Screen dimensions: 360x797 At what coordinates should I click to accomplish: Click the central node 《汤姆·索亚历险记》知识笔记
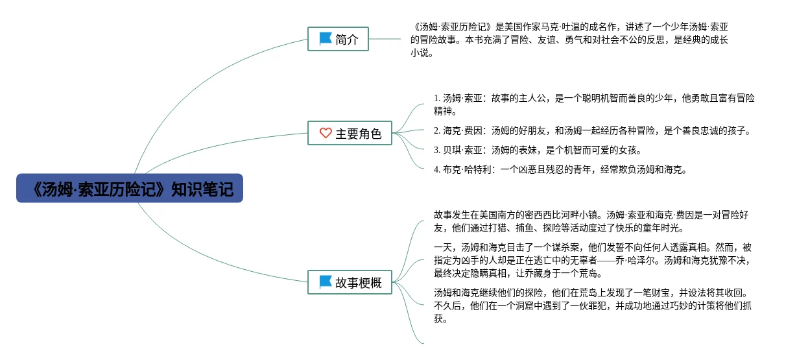coord(130,188)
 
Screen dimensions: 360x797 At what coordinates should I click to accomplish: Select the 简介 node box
coord(338,39)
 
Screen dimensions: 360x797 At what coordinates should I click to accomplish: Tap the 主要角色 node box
coord(350,134)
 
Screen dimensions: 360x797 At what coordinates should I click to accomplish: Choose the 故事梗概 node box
coord(350,282)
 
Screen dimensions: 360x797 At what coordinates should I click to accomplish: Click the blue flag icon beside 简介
coord(325,39)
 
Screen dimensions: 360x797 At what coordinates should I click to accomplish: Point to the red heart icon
coord(326,134)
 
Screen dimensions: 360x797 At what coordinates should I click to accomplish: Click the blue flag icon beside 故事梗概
coord(325,282)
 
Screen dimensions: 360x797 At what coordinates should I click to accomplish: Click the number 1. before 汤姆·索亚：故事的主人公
coord(437,99)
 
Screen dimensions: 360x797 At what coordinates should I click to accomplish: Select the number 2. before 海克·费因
coord(437,131)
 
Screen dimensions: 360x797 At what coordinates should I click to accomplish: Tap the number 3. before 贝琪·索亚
coord(437,150)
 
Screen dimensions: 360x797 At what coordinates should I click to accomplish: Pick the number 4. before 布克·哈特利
coord(437,170)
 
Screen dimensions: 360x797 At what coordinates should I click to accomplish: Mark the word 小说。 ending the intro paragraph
coord(422,54)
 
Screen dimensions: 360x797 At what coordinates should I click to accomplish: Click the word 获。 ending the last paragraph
coord(441,319)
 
